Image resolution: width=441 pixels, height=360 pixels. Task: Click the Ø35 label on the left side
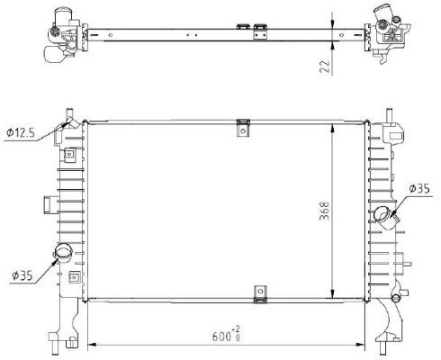point(21,274)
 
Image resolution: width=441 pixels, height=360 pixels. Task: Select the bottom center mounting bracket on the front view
point(260,293)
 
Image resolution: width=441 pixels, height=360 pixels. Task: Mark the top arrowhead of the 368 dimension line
point(333,122)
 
